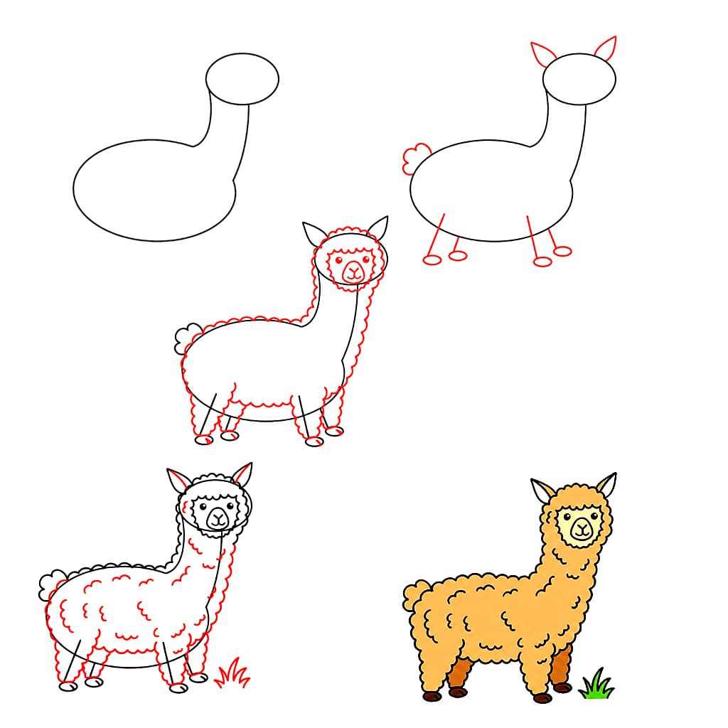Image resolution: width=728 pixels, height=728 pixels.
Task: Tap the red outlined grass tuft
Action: click(x=232, y=673)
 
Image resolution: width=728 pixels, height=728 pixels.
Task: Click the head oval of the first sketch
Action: click(x=242, y=78)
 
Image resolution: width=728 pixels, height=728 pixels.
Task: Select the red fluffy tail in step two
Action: click(x=414, y=159)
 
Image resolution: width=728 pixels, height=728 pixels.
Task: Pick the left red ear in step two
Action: click(x=543, y=55)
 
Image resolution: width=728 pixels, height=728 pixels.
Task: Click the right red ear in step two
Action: click(x=606, y=48)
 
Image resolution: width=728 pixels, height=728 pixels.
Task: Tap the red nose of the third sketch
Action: click(x=353, y=271)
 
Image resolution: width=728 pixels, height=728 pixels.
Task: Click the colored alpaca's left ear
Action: click(x=543, y=491)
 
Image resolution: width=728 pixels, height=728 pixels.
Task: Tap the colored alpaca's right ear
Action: click(x=606, y=484)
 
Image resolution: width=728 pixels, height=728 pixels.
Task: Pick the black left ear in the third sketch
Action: click(x=313, y=232)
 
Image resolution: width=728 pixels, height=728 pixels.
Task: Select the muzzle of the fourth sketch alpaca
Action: click(x=218, y=519)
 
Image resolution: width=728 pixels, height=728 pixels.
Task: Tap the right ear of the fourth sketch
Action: click(x=242, y=474)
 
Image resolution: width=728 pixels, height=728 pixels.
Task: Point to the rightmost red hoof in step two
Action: click(x=562, y=251)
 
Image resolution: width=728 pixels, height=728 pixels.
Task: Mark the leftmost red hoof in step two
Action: click(x=432, y=259)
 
